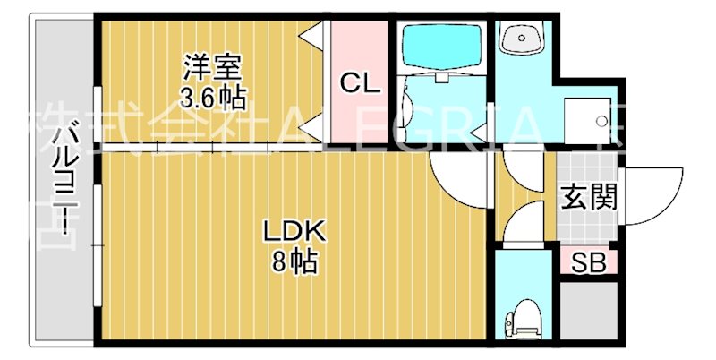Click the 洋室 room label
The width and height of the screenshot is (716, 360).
(x=213, y=67)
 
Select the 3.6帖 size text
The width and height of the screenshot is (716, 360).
(x=213, y=96)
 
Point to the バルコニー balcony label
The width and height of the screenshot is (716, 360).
(x=63, y=184)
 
